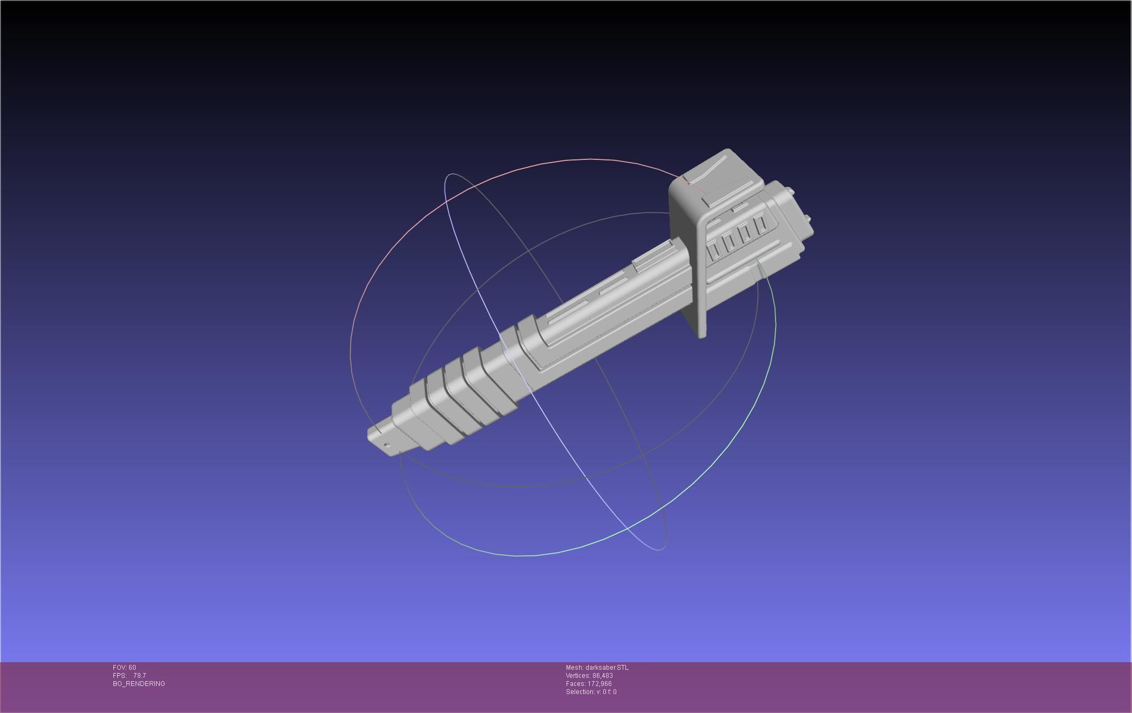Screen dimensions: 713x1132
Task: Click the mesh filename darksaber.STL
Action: pyautogui.click(x=607, y=668)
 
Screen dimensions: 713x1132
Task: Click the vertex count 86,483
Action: pyautogui.click(x=602, y=676)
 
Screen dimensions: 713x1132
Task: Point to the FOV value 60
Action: pyautogui.click(x=132, y=668)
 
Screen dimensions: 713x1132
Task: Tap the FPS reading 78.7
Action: pyautogui.click(x=139, y=676)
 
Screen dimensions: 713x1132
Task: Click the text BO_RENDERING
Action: pyautogui.click(x=139, y=684)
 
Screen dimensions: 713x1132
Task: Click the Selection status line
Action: pyautogui.click(x=591, y=692)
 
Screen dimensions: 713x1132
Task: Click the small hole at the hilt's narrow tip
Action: pyautogui.click(x=387, y=445)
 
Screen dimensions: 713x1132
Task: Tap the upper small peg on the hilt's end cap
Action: pyautogui.click(x=790, y=190)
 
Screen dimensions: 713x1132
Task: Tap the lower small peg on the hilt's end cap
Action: pyautogui.click(x=808, y=219)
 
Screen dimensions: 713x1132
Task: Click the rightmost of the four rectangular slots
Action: pyautogui.click(x=762, y=224)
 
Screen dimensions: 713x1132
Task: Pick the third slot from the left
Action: pyautogui.click(x=746, y=233)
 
